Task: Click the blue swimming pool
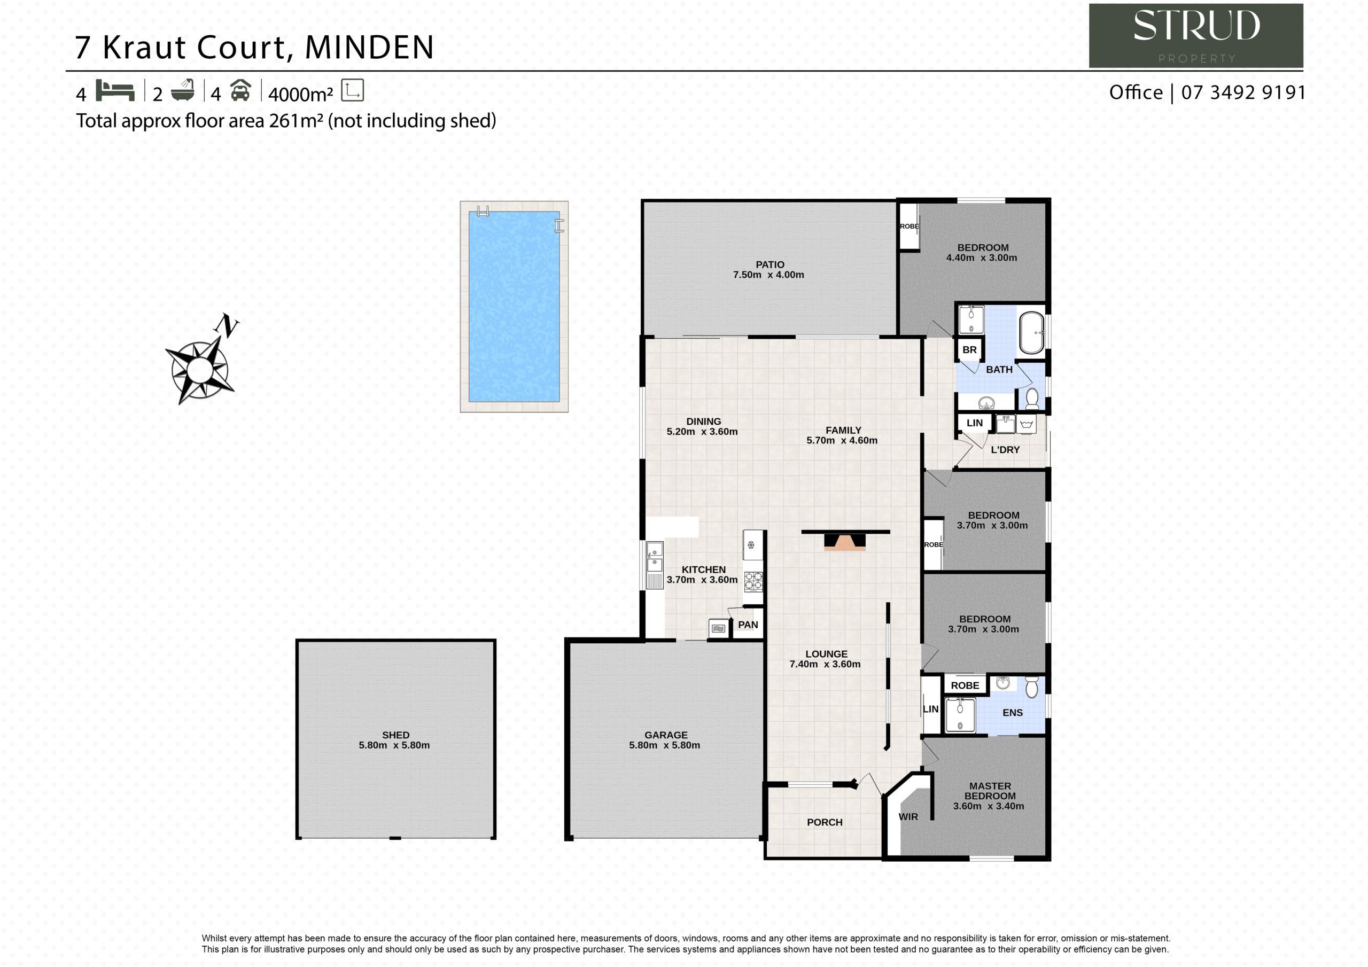click(514, 306)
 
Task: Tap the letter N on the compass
click(227, 325)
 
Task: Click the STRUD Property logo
click(1196, 36)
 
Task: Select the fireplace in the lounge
click(845, 541)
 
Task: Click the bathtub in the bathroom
click(1031, 333)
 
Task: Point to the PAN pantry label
click(748, 625)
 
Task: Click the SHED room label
click(395, 735)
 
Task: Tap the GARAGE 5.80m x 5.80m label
click(665, 740)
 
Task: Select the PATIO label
click(770, 264)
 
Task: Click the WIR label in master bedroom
click(908, 817)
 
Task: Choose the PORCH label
click(825, 822)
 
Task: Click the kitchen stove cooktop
click(753, 581)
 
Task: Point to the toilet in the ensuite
click(1032, 687)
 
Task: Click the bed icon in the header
click(115, 91)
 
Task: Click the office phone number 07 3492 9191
click(1243, 92)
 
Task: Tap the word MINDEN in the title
click(369, 48)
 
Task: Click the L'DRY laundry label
click(1005, 450)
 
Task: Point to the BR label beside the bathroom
click(969, 350)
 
